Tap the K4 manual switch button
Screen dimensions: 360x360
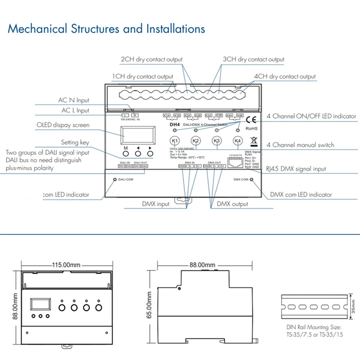click(x=238, y=140)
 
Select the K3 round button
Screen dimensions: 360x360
click(x=217, y=140)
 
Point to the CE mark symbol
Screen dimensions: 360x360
click(x=252, y=120)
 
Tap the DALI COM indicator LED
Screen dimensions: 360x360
click(x=114, y=180)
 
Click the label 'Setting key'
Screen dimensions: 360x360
click(x=75, y=143)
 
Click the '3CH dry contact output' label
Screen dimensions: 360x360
click(x=253, y=59)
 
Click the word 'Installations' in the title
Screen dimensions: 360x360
click(x=175, y=29)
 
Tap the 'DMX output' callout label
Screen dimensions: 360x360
click(x=232, y=204)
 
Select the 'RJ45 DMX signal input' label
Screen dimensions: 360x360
click(x=296, y=169)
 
